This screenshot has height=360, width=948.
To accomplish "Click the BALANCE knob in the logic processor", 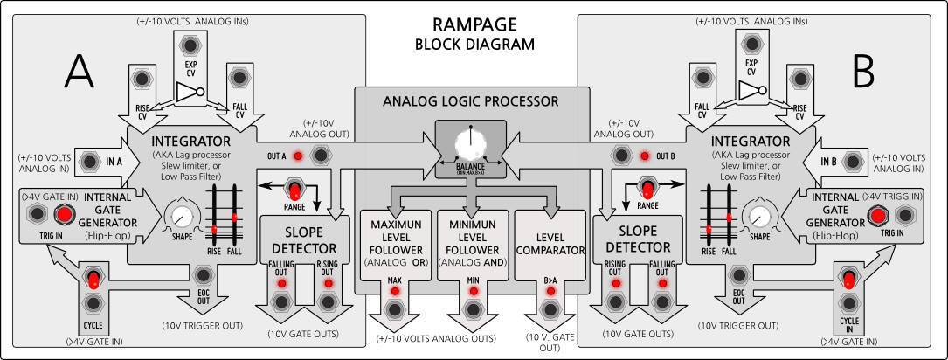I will point(473,142).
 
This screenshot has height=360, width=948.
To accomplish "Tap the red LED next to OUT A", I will point(299,156).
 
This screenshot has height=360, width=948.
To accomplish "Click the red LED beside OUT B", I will point(646,156).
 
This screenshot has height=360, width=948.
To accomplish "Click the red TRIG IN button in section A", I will point(63,215).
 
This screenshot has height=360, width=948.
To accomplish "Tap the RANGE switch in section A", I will point(295,191).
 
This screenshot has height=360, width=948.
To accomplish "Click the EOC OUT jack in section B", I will point(737,270).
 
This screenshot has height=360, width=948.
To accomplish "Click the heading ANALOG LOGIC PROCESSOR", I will point(470,102).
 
